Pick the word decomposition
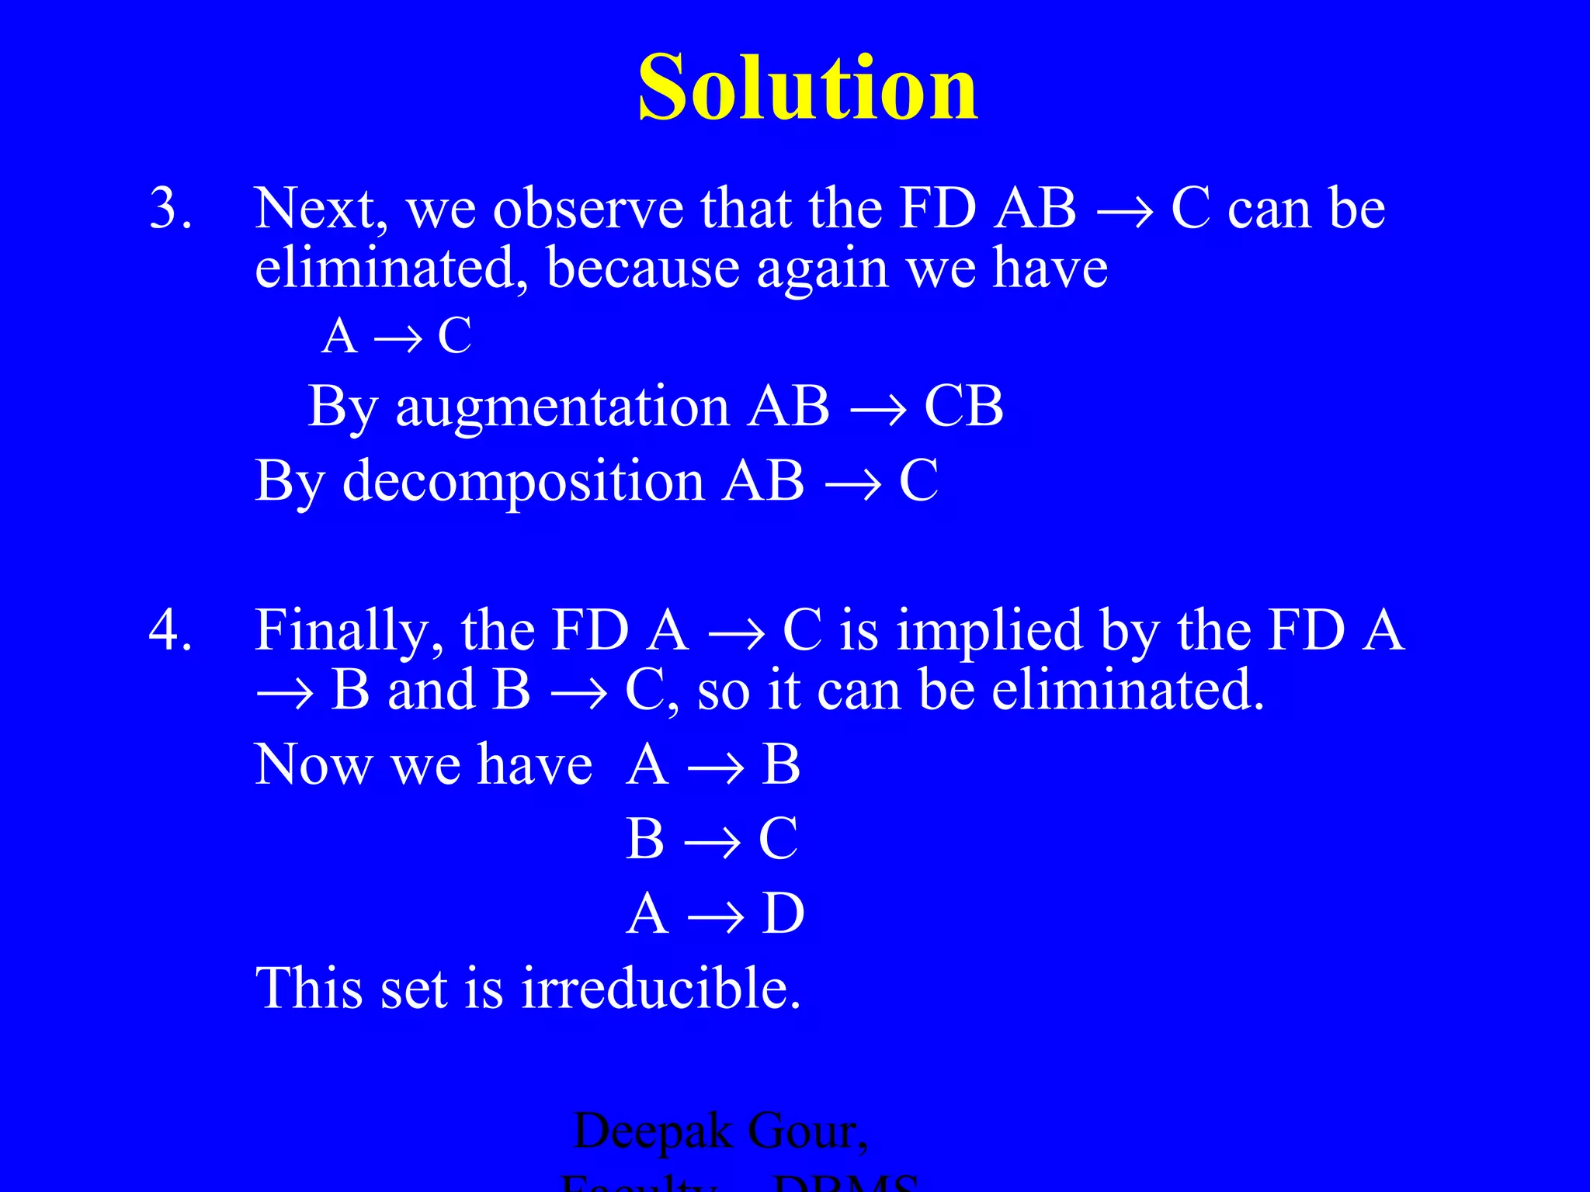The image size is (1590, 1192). coord(523,480)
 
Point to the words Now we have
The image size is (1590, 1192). coord(423,765)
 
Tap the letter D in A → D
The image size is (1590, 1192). coord(783,913)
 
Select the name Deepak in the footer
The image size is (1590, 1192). coord(652,1131)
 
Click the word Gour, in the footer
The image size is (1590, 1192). coord(807,1131)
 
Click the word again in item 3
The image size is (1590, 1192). coord(821,269)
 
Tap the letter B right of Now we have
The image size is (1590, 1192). coord(780,765)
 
